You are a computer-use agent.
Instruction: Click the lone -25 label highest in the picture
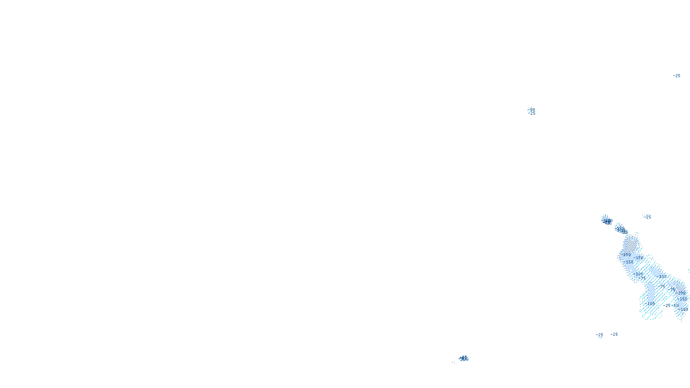(x=677, y=76)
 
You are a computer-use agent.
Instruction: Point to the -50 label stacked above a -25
(x=531, y=110)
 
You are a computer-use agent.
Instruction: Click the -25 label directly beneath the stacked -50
(x=532, y=113)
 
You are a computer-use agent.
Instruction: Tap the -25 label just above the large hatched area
(x=647, y=217)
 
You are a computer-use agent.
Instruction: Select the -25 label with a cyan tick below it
(x=599, y=335)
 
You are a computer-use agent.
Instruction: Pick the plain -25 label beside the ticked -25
(x=614, y=335)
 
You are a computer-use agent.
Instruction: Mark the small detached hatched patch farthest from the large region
(x=606, y=220)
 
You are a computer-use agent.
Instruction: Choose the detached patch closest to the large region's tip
(x=621, y=229)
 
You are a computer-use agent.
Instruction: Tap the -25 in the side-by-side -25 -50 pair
(x=668, y=306)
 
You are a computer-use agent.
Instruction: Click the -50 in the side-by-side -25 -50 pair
(x=675, y=306)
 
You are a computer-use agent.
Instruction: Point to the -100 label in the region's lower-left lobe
(x=650, y=304)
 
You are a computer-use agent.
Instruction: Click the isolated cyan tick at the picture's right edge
(x=688, y=271)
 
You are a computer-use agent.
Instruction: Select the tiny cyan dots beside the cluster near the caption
(x=453, y=362)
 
